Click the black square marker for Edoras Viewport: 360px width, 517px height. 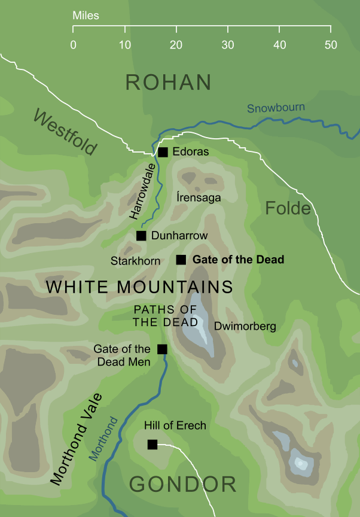[x=162, y=152]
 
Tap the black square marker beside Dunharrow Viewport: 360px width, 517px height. [x=141, y=236]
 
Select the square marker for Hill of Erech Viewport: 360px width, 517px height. [x=152, y=444]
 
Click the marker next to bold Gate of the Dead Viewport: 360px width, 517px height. [x=181, y=260]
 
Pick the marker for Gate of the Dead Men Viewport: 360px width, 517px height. [x=161, y=349]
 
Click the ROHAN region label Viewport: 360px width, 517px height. [x=169, y=83]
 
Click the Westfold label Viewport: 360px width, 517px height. [x=65, y=133]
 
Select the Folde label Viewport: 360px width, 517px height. [x=288, y=208]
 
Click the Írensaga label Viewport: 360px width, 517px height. [x=199, y=197]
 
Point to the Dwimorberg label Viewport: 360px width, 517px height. [x=245, y=327]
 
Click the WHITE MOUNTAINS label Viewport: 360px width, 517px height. [x=139, y=287]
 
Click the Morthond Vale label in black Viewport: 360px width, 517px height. [x=76, y=439]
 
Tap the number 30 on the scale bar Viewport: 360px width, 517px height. [x=227, y=45]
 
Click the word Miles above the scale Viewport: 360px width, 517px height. [x=86, y=14]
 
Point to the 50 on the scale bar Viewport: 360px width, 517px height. [x=331, y=45]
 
